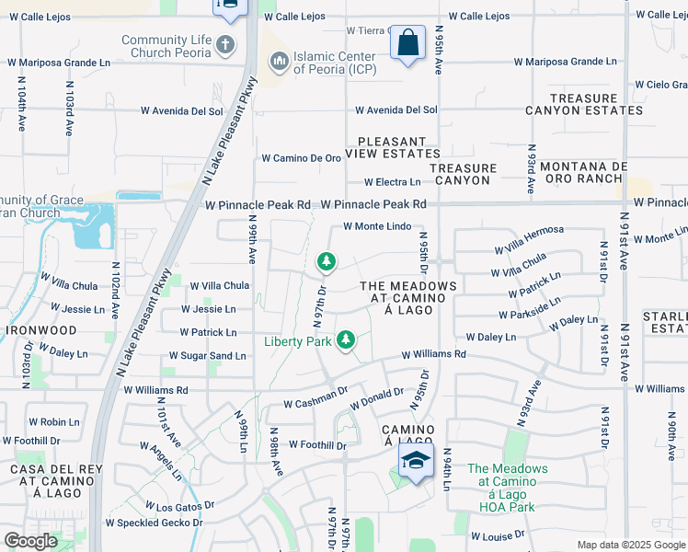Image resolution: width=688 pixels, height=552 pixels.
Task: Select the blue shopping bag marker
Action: coord(407,43)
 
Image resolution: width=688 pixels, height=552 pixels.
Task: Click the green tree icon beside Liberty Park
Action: coord(346,341)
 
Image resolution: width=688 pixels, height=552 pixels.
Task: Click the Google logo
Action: coord(30,541)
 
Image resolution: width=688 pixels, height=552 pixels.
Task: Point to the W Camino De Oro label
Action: coord(302,158)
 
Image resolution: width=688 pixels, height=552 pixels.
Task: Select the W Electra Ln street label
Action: coord(392,182)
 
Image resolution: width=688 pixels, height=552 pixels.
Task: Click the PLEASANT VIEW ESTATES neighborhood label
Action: coord(398,148)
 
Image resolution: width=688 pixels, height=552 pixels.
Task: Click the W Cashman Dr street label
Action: coord(315,403)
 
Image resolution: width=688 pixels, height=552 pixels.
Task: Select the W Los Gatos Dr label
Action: coord(179,505)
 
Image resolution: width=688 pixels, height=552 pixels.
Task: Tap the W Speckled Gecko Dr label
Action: coord(154,523)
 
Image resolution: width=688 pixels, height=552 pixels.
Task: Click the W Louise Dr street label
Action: coord(498,535)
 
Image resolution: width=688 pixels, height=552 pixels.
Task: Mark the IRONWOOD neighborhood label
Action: coord(42,329)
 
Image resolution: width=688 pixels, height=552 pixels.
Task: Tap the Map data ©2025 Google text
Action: coord(630,545)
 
